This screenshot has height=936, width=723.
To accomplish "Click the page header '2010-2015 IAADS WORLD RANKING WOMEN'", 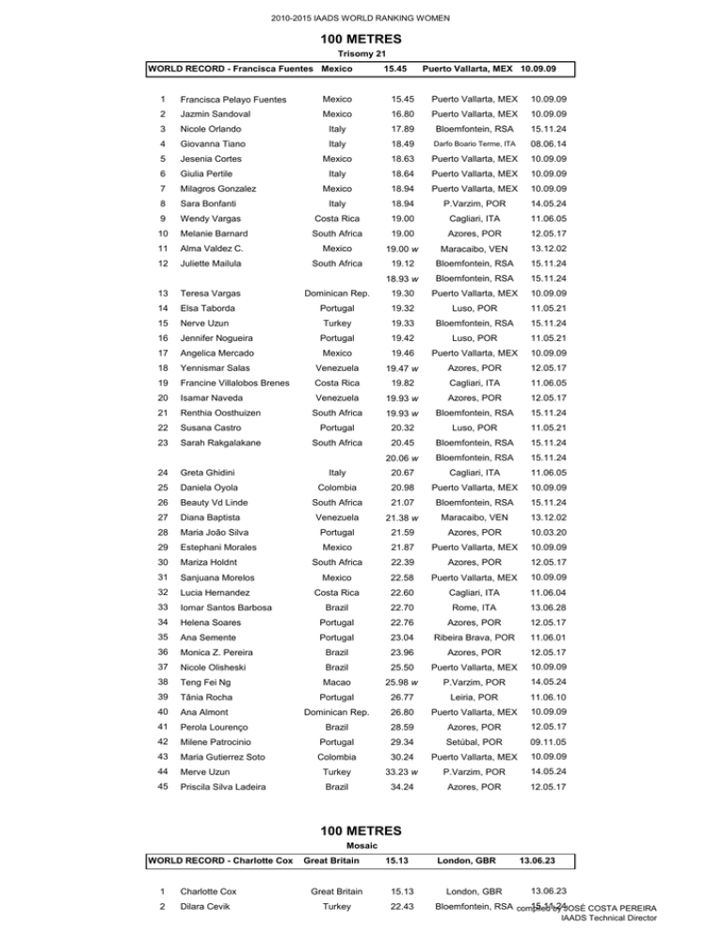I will click(x=361, y=18).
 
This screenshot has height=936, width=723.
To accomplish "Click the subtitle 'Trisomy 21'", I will click(x=361, y=54).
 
